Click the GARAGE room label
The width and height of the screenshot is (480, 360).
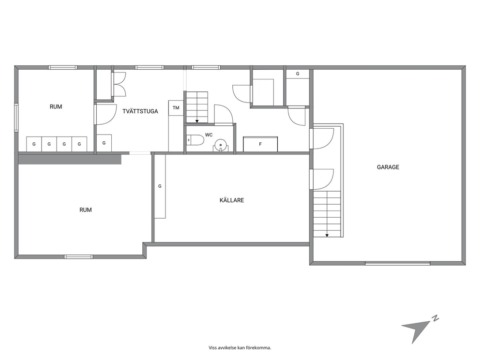pyautogui.click(x=388, y=167)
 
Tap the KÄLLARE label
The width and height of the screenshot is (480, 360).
pyautogui.click(x=232, y=200)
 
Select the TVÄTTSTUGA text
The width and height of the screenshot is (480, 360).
pyautogui.click(x=140, y=111)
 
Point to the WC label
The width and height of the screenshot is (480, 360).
pyautogui.click(x=209, y=135)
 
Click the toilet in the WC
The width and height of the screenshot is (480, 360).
pyautogui.click(x=195, y=140)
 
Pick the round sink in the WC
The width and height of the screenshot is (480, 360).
pyautogui.click(x=221, y=145)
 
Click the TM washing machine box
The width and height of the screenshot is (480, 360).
pyautogui.click(x=176, y=108)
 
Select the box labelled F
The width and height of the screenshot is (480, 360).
pyautogui.click(x=260, y=144)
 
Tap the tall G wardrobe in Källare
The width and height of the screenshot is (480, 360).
pyautogui.click(x=160, y=186)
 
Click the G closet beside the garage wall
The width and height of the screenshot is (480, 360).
pyautogui.click(x=298, y=74)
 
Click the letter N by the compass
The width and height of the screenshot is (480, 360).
pyautogui.click(x=435, y=318)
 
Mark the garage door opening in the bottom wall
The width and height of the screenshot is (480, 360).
pyautogui.click(x=398, y=263)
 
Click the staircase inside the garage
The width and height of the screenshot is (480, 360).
pyautogui.click(x=327, y=214)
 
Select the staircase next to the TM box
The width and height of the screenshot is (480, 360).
pyautogui.click(x=197, y=107)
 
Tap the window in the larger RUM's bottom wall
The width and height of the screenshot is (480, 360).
pyautogui.click(x=79, y=256)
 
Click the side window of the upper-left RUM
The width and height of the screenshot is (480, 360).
pyautogui.click(x=16, y=118)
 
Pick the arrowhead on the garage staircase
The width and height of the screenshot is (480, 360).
pyautogui.click(x=327, y=235)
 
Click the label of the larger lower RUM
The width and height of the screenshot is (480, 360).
pyautogui.click(x=86, y=210)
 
